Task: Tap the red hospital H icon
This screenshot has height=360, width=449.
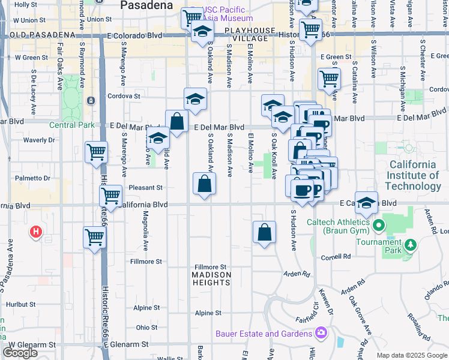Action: tap(35, 231)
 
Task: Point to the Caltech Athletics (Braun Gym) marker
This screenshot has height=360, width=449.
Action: tap(378, 226)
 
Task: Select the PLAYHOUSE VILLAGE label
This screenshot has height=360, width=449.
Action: tap(250, 34)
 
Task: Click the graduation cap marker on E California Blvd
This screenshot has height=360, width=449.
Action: tap(366, 203)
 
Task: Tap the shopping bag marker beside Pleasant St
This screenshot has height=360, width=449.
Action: tap(204, 183)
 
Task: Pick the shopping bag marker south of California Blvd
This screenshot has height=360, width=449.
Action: tap(264, 232)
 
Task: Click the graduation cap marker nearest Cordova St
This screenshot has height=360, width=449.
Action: tap(195, 99)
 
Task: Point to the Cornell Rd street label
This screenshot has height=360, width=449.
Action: tap(336, 256)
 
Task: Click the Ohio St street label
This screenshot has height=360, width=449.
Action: tap(146, 328)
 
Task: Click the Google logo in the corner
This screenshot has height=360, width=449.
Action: tap(20, 353)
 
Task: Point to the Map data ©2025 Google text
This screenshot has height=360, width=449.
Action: tap(412, 355)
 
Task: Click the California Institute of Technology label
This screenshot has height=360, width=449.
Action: tap(414, 175)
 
